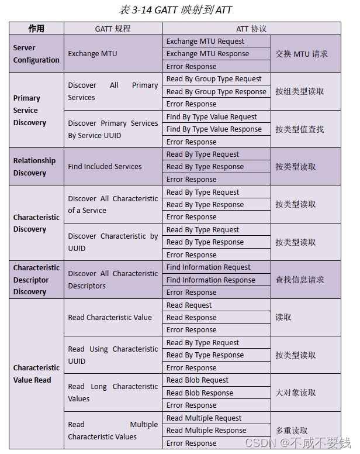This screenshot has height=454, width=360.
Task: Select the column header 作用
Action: coord(36,29)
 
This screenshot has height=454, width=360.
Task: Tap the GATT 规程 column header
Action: coord(113,29)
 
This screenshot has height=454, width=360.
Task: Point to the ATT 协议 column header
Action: coord(251,29)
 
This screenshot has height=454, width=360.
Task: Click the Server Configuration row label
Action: coord(36,54)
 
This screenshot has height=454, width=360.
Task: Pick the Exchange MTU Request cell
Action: coord(205,42)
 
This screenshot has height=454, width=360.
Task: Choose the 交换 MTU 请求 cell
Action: coord(302,54)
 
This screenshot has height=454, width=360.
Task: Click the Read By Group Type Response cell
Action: coord(216,92)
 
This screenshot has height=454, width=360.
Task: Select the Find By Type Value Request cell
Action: coord(212,117)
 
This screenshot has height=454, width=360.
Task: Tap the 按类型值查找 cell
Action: coord(299,129)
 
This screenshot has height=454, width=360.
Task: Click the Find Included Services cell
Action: coord(105,167)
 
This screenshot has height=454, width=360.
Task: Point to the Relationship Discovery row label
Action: coord(34,167)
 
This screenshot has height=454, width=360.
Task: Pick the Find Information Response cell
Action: coord(210,280)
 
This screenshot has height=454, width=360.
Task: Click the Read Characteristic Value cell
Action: coord(110,318)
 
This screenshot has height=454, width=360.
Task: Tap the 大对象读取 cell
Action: coord(296,393)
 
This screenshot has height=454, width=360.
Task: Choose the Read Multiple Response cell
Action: coord(206,431)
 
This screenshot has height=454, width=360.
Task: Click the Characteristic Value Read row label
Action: coord(36,374)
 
